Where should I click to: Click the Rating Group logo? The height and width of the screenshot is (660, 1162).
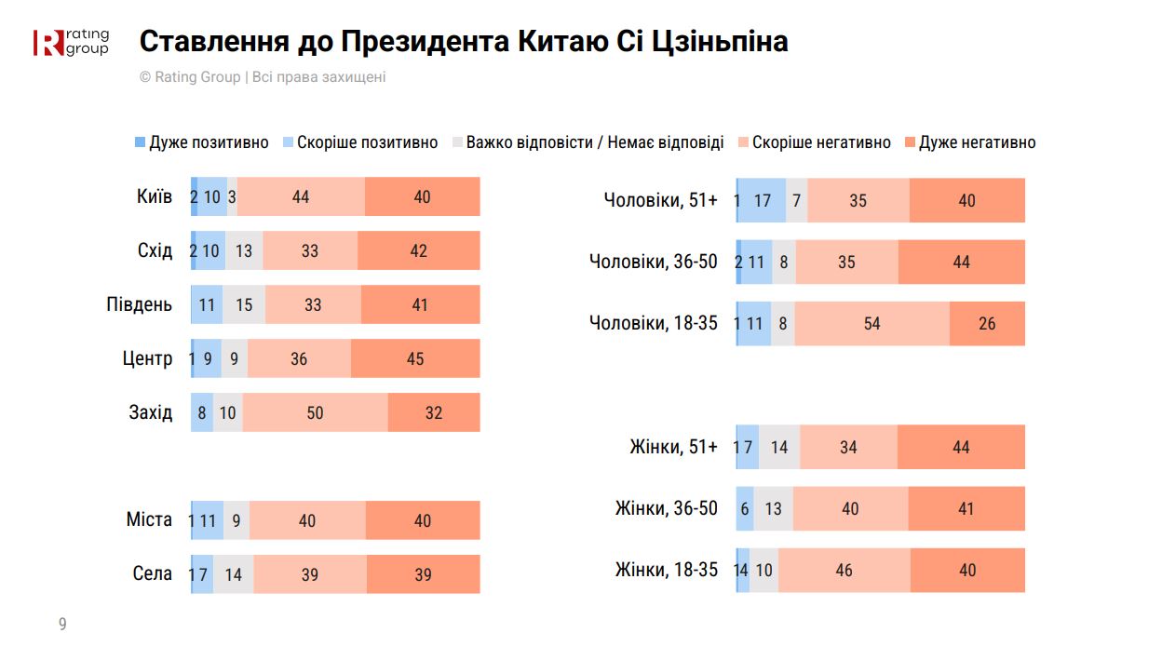(71, 42)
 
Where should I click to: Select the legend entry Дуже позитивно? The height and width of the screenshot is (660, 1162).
(201, 142)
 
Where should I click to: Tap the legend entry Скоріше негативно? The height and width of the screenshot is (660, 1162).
(814, 142)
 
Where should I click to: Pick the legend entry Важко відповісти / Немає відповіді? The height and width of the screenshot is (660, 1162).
(587, 142)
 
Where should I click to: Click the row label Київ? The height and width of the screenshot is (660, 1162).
(154, 196)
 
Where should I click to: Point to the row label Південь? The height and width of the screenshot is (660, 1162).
(139, 304)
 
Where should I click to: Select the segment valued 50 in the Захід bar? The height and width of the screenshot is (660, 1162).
(315, 412)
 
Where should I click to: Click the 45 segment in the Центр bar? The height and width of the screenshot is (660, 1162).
(415, 358)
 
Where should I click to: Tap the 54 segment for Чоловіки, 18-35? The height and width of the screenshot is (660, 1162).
(872, 324)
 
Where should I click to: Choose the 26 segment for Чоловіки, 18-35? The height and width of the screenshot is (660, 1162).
(987, 324)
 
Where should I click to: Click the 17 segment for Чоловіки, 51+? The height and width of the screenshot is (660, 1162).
(763, 200)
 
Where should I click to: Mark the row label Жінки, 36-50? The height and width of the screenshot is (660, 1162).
(667, 508)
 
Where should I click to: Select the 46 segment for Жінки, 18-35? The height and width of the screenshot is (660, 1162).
(844, 570)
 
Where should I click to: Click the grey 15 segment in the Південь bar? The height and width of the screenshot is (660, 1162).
(244, 304)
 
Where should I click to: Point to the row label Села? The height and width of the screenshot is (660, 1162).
(153, 573)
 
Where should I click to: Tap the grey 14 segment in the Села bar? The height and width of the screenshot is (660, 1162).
(233, 574)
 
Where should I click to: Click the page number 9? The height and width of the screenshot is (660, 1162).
(62, 624)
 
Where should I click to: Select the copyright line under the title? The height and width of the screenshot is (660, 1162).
(263, 77)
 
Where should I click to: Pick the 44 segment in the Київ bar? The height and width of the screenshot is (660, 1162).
(301, 196)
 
